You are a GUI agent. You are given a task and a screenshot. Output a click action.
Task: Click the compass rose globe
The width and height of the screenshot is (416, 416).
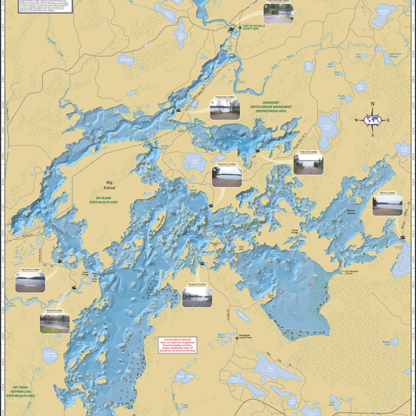click(372, 120)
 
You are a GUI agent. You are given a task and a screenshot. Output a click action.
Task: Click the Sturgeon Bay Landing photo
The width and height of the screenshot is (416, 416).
click(225, 109)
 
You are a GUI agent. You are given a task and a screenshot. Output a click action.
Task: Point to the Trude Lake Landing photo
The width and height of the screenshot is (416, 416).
click(308, 164)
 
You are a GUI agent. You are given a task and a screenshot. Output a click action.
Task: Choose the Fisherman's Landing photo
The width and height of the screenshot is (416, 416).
click(227, 176)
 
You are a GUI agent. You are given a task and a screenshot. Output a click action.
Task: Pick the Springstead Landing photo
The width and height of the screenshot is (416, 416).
click(197, 297)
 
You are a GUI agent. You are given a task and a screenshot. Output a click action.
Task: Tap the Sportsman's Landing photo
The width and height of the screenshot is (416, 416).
click(30, 282)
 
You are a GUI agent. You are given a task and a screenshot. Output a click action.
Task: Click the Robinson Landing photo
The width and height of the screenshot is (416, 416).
click(54, 322)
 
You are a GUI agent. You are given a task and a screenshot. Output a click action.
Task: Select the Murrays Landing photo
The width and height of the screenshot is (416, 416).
click(387, 205)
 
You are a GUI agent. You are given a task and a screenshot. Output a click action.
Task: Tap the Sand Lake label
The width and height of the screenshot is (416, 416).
click(195, 161)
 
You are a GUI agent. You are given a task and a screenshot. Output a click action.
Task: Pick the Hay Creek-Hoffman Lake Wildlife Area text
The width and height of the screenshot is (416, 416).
click(20, 391)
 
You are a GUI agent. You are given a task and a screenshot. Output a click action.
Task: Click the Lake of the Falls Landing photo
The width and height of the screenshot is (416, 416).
click(278, 14)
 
